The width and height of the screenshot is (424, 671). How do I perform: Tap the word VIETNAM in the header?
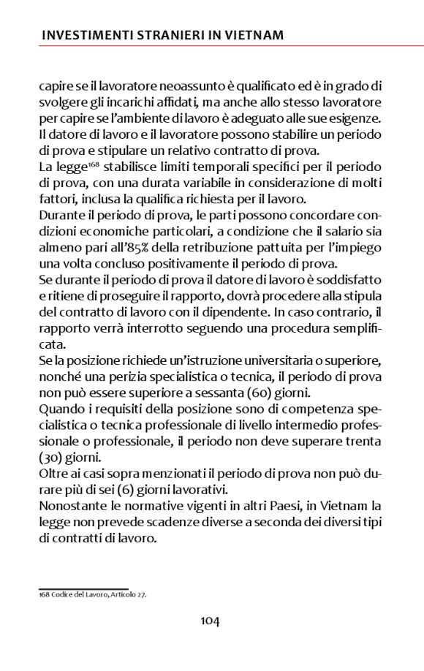[250, 34]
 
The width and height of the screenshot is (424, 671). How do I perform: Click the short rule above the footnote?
[83, 588]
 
